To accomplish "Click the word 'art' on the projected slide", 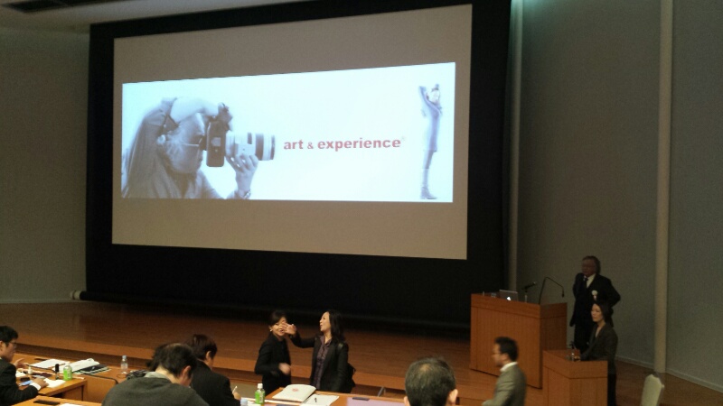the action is coord(293,144).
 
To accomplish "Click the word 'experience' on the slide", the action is coord(359,143).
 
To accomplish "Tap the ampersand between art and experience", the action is coord(310,145).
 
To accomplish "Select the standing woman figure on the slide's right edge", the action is coord(430,142).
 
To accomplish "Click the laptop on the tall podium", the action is coord(508,296).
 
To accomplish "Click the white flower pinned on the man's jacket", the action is coord(595,294).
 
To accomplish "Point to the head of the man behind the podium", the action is coord(590,266).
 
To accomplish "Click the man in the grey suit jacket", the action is coord(506,373).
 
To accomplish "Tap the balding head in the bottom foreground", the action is coord(430,382).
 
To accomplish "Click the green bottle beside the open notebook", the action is coord(259,394).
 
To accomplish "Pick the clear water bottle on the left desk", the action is coord(124,364).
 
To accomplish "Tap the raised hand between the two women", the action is coord(289,328).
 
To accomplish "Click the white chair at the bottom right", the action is coord(652,391).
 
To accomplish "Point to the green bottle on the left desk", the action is coord(67,372).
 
